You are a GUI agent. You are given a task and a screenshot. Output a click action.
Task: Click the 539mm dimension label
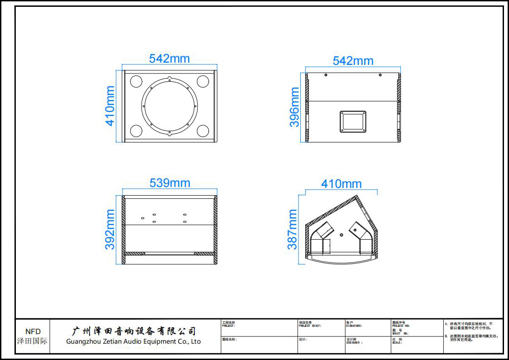click(170, 183)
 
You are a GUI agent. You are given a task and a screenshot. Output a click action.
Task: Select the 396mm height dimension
click(295, 107)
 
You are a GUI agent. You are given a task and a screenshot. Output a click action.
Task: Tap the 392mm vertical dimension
click(110, 229)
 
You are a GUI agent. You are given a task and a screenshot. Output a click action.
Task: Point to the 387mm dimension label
click(293, 229)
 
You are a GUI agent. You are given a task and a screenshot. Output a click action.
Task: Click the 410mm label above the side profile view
click(341, 184)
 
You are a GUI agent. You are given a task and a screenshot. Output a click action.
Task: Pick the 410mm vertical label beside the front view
click(110, 106)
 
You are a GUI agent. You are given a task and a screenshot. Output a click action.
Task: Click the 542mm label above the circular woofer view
click(169, 59)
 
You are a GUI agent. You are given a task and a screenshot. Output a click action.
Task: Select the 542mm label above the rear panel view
click(353, 61)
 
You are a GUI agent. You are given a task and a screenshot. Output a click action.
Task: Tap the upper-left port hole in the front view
click(137, 82)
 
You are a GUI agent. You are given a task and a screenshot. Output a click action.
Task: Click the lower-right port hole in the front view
click(202, 131)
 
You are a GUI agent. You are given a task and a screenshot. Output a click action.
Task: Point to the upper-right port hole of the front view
click(202, 82)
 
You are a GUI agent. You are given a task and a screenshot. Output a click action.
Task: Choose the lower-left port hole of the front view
click(137, 131)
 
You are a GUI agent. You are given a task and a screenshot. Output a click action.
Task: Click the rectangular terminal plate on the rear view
click(352, 121)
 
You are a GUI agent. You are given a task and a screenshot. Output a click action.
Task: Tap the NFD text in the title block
click(33, 332)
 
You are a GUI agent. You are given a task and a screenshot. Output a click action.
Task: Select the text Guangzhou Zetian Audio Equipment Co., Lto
click(133, 341)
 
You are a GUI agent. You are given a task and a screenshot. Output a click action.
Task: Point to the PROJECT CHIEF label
click(310, 325)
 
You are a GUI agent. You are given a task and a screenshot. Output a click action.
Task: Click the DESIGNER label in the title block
click(354, 343)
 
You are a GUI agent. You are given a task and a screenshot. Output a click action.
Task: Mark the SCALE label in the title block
click(397, 343)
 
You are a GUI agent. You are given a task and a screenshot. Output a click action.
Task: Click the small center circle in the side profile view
click(341, 235)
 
